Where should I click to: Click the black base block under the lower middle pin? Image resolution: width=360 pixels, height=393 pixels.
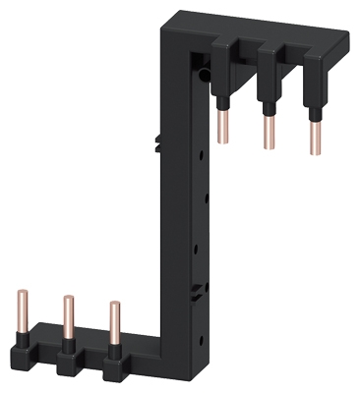pyautogui.click(x=68, y=359)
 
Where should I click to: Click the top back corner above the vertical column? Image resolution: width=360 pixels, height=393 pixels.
pyautogui.click(x=180, y=13)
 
